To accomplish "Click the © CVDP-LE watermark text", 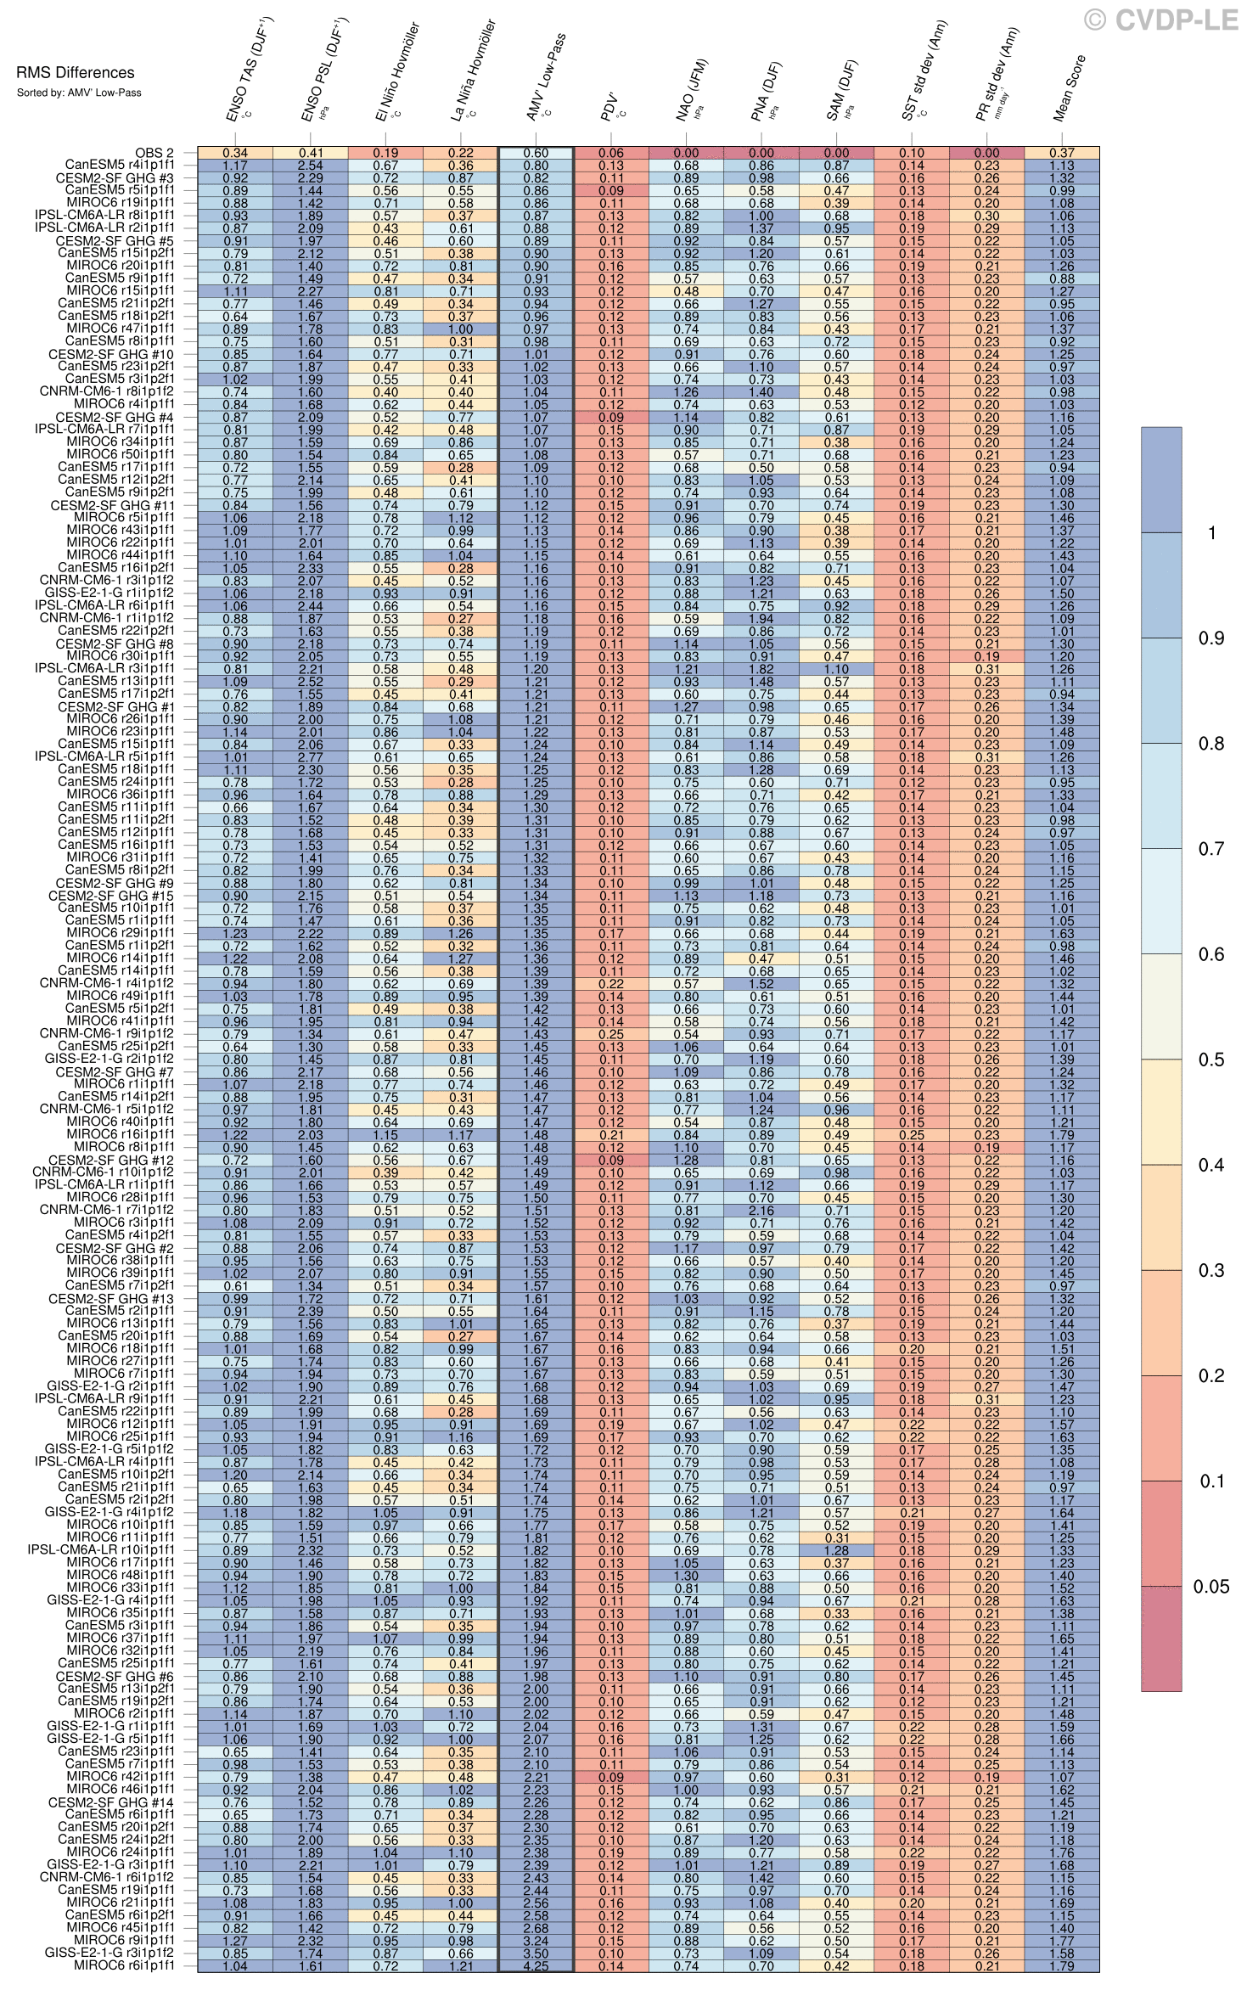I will click(x=1160, y=20).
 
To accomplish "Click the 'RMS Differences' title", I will click(x=76, y=73).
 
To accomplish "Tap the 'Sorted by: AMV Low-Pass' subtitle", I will click(x=79, y=93).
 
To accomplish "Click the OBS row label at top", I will click(x=154, y=153).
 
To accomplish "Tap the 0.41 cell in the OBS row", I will click(x=310, y=153).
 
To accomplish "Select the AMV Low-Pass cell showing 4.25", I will click(x=536, y=1965).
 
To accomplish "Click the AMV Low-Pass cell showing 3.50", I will click(x=536, y=1953).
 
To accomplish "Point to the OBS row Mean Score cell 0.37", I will click(x=1061, y=153).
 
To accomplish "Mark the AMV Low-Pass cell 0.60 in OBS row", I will click(x=536, y=153).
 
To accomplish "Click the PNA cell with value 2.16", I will click(x=761, y=1211).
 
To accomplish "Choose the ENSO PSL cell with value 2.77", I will click(x=310, y=757).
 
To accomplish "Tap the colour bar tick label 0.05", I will click(x=1211, y=1587).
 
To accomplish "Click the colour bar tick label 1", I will click(x=1213, y=532).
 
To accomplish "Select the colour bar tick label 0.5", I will click(x=1211, y=1060).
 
